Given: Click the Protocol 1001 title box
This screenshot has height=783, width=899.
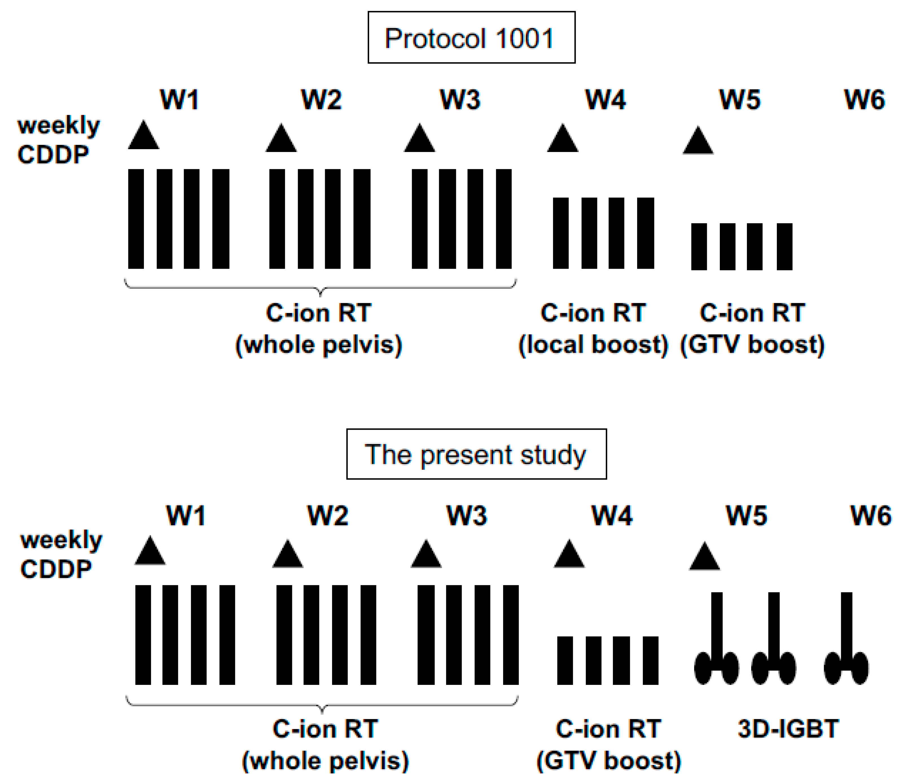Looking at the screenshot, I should [x=471, y=38].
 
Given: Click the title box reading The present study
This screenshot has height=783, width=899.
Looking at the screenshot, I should [x=476, y=454].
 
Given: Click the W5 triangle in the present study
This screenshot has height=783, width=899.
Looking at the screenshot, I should [x=704, y=557].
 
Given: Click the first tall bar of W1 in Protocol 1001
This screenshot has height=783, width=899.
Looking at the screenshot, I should [x=136, y=219].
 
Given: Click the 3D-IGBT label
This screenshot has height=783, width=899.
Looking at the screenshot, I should [x=788, y=729].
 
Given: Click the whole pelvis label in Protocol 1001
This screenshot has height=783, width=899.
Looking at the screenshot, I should [x=319, y=345].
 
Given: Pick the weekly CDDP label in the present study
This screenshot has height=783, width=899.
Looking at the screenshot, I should [x=61, y=555].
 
